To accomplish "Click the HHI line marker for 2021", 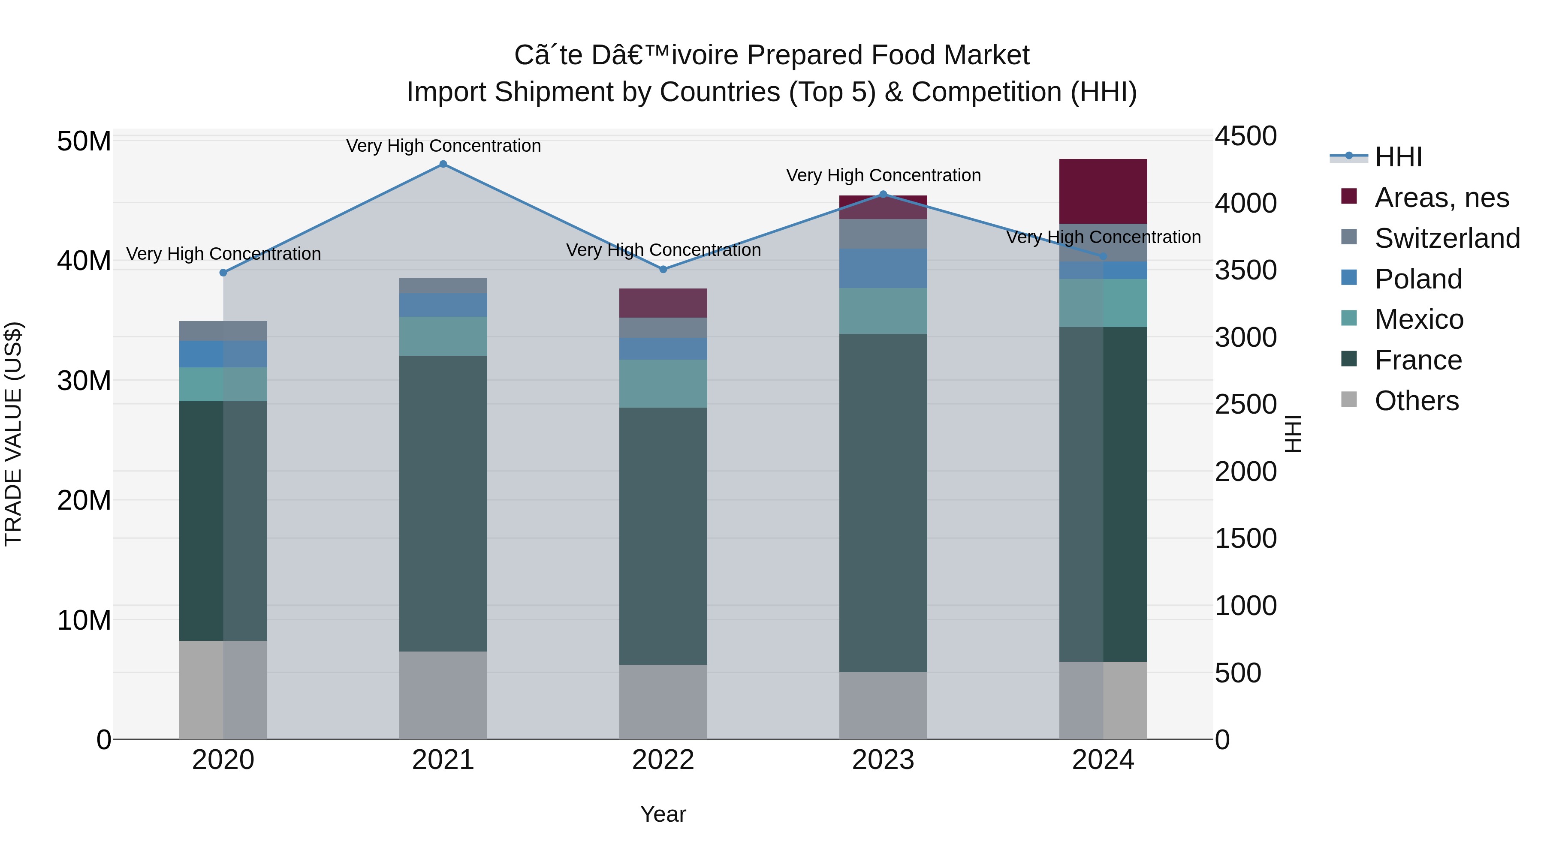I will click(443, 164).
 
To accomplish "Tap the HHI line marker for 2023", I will click(883, 194).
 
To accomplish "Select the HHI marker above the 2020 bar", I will click(223, 273).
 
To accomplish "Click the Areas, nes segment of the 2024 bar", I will click(1103, 192).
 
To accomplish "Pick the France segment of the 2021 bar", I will click(443, 503).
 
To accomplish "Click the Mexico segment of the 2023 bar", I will click(883, 311).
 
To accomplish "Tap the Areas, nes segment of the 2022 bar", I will click(663, 303).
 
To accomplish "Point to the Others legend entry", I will click(1416, 401).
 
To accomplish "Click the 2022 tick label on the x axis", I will click(663, 760).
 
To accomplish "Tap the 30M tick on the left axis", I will click(84, 380).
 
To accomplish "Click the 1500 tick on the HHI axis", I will click(1245, 538).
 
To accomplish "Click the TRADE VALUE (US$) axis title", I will click(13, 434).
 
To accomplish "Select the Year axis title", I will click(663, 814).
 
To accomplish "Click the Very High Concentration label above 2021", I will click(443, 146).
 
